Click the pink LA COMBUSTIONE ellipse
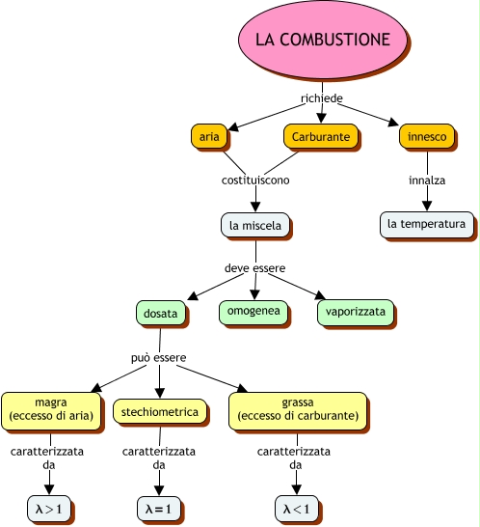coord(323,40)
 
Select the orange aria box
coord(209,136)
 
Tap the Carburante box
coord(321,136)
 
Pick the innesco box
coord(427,136)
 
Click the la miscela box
coord(255,225)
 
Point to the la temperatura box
coord(427,224)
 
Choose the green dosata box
coord(160,313)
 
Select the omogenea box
coord(253,312)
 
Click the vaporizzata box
coord(355,313)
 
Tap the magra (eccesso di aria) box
coord(51,411)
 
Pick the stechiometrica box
coord(159,411)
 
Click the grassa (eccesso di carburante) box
coord(298,411)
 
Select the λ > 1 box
coord(49,508)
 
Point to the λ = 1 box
coord(159,508)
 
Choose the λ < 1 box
coord(297,508)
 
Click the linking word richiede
coord(322,98)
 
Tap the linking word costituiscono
coord(255,180)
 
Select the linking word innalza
coord(427,180)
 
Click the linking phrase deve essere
coord(254,268)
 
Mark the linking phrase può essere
coord(158,357)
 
